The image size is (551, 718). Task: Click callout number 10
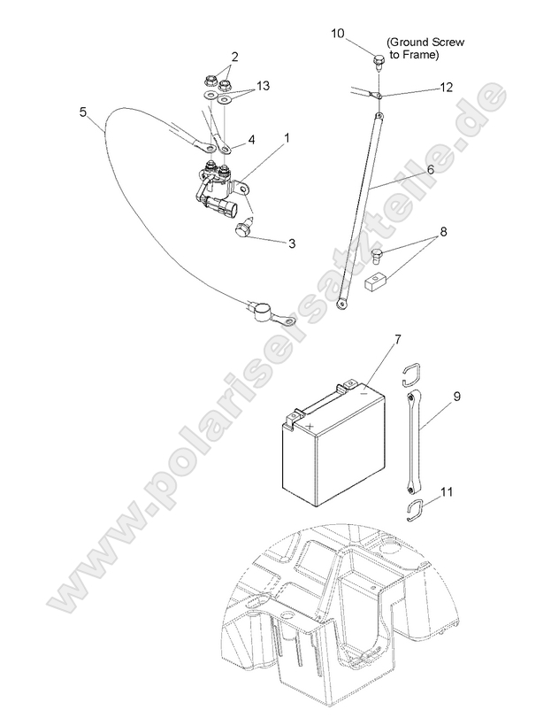[x=338, y=34]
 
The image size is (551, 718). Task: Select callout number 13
[x=263, y=86]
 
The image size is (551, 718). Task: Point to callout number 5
[x=83, y=112]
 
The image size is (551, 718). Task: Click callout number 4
[x=251, y=139]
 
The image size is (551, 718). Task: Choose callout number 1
[x=287, y=137]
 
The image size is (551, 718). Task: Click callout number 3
[x=292, y=243]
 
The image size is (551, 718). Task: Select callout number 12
[x=446, y=87]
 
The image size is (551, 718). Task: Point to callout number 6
[x=431, y=168]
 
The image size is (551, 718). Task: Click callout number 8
[x=442, y=231]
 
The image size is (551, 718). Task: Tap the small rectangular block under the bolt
[x=376, y=282]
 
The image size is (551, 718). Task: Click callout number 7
[x=397, y=339]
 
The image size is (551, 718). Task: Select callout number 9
[x=456, y=396]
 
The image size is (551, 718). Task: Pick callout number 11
[x=447, y=491]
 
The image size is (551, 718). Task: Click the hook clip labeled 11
[x=415, y=509]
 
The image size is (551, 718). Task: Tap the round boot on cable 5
[x=260, y=312]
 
